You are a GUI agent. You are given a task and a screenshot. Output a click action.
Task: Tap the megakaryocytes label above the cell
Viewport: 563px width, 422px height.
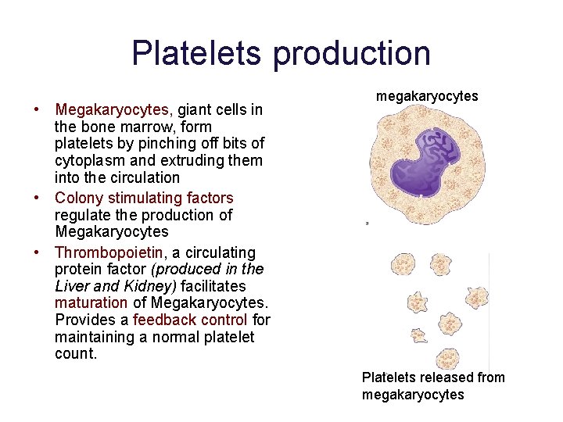427,96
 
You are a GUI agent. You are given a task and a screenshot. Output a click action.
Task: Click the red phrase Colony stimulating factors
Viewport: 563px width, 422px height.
144,198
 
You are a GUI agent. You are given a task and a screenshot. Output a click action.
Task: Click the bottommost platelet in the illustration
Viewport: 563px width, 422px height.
420,336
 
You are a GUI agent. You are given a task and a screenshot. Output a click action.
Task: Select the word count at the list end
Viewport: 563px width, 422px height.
75,354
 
